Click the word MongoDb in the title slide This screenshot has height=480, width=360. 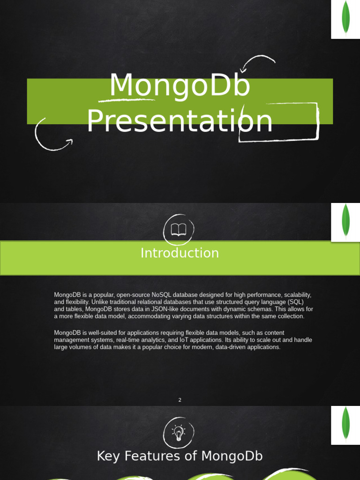point(180,86)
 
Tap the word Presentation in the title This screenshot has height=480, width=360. point(180,121)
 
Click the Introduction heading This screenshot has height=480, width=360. point(180,253)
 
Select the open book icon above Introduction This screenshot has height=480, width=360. point(179,230)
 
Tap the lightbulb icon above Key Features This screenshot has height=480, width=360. point(178,432)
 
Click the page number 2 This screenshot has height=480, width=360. point(180,400)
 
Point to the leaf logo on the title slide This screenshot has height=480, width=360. point(345,19)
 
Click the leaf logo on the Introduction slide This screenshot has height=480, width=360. point(345,222)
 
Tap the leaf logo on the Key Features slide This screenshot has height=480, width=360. point(345,424)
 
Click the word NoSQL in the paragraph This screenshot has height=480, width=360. point(162,295)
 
